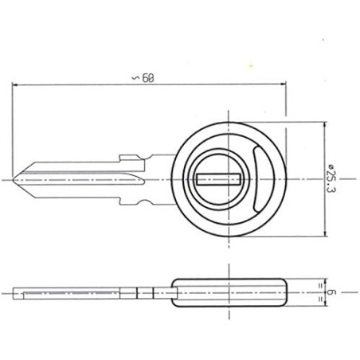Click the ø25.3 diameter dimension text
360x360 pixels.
[329, 179]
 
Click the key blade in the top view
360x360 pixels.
[80, 179]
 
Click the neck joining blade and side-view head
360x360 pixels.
[159, 293]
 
